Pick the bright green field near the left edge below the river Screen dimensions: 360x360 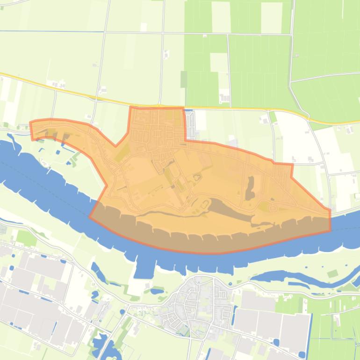point(27,238)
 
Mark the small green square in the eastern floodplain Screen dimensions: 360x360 point(332,274)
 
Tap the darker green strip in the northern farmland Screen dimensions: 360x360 point(184,79)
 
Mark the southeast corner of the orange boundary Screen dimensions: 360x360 point(330,230)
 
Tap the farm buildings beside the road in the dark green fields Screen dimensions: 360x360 point(225,99)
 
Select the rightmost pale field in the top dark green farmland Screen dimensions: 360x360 point(271,18)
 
